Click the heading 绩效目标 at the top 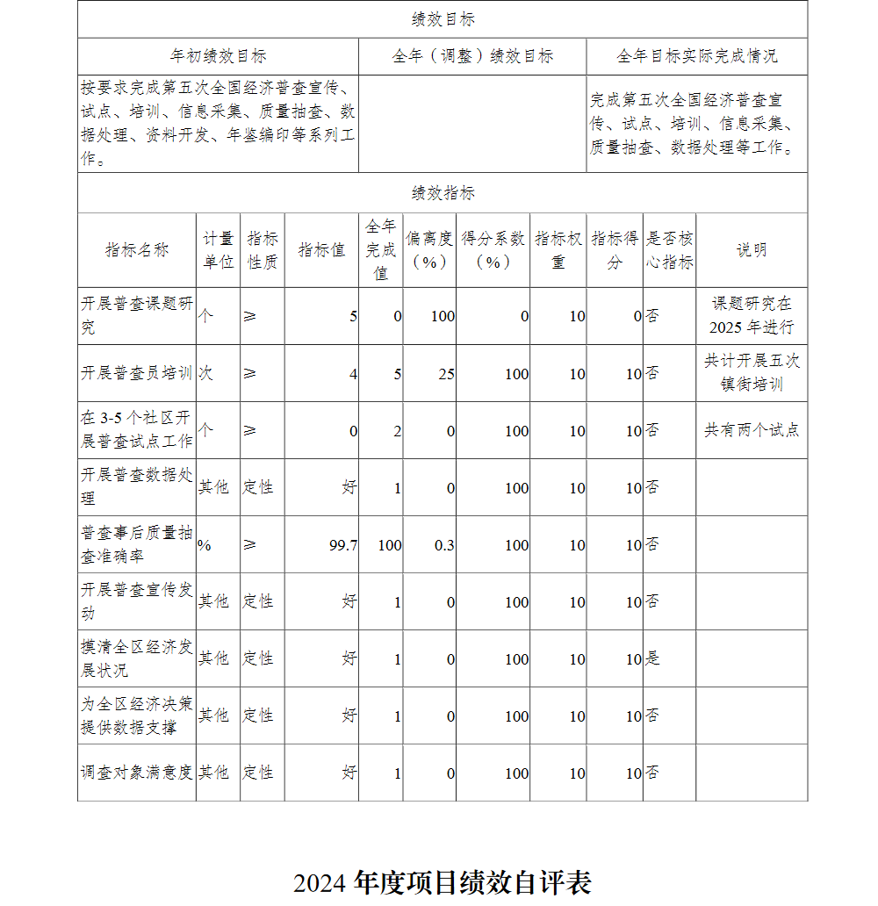[443, 19]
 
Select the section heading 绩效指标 [443, 193]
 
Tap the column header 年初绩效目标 [218, 56]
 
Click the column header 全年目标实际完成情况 [696, 56]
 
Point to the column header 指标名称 [137, 249]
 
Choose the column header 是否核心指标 [669, 249]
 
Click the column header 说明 [752, 249]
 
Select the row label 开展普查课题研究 [137, 315]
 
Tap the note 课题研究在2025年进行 [752, 315]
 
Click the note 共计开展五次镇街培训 [752, 372]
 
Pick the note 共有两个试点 [752, 430]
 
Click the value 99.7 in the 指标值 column [343, 545]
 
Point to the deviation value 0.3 [444, 545]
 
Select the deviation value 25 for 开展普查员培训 [446, 374]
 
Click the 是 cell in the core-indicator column [652, 658]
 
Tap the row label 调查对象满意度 [137, 773]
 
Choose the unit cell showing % [205, 545]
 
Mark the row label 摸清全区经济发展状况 [137, 658]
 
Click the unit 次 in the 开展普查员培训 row [205, 373]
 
